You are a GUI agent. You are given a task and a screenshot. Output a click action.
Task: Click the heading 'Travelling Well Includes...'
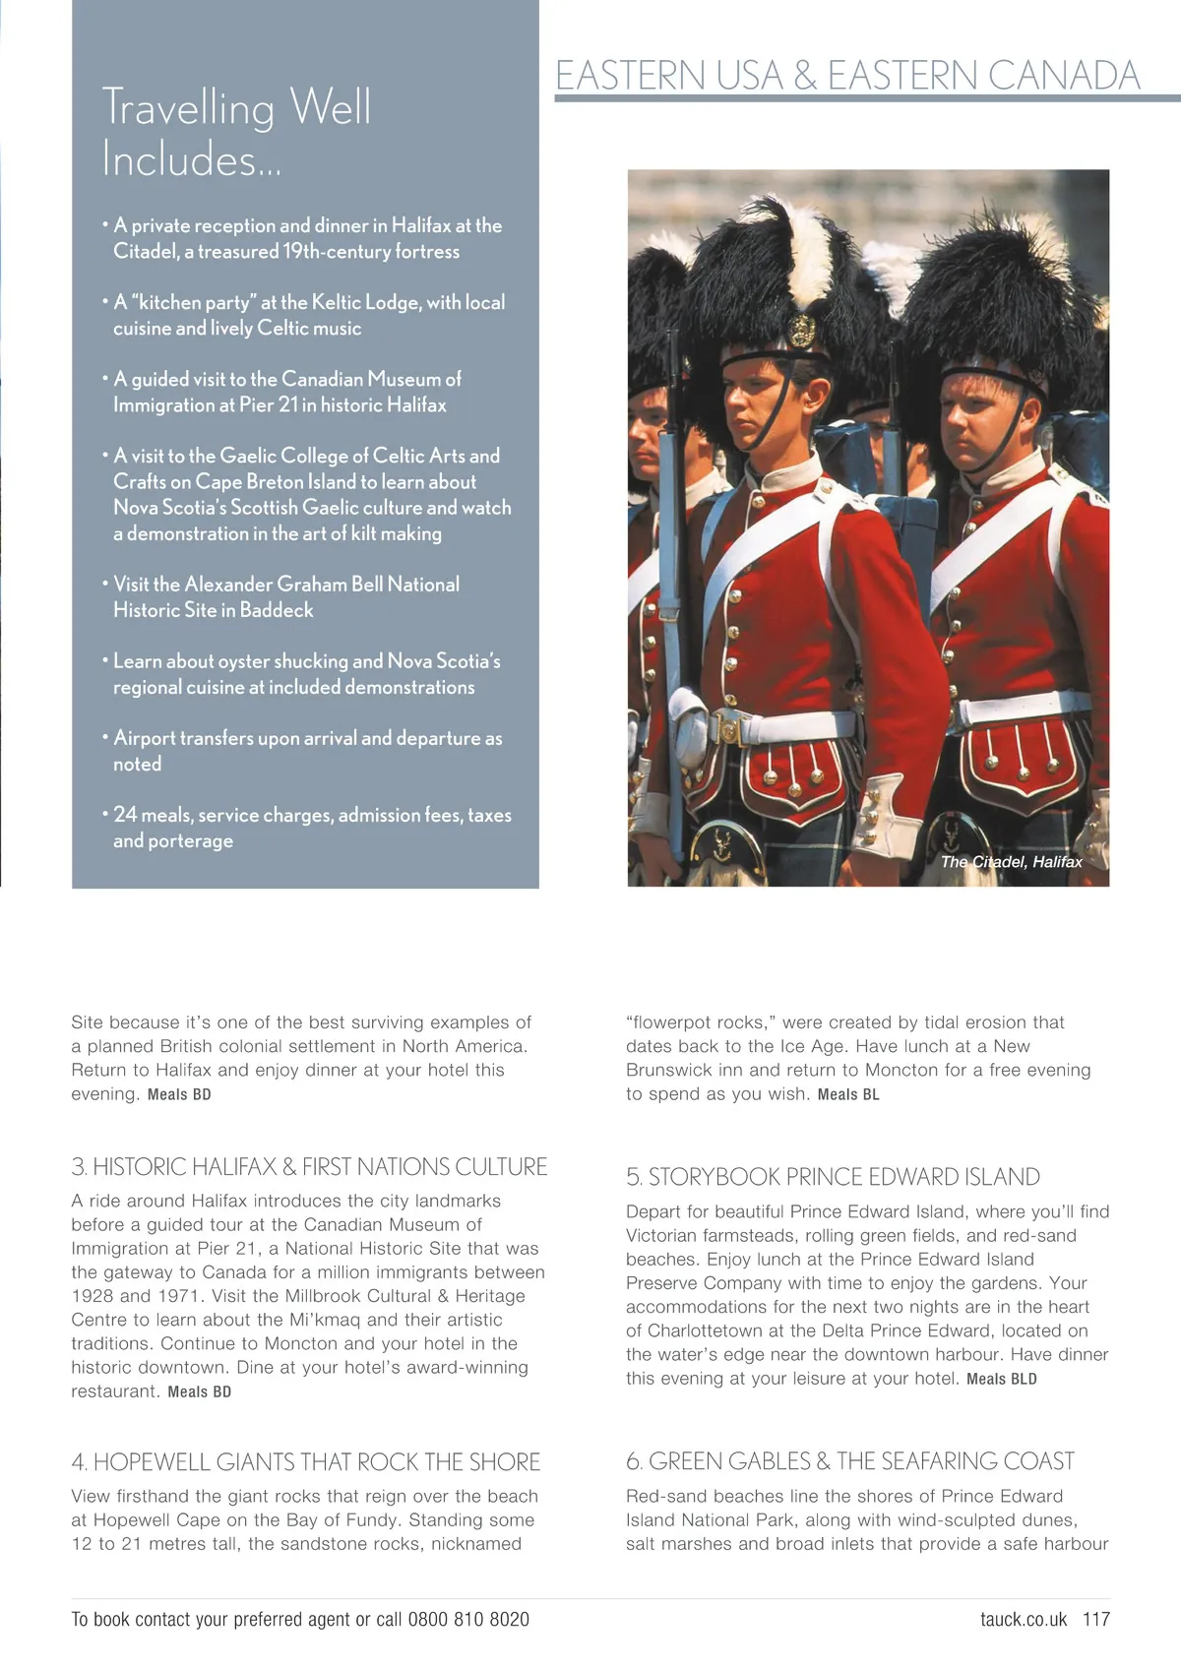(x=236, y=133)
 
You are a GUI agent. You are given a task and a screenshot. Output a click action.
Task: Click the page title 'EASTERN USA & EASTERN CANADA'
(x=847, y=76)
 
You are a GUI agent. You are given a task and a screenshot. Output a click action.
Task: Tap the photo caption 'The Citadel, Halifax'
(x=1011, y=862)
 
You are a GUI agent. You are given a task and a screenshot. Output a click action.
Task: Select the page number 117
(x=1096, y=1619)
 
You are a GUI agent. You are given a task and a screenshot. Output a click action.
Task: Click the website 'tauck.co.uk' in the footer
(x=1024, y=1619)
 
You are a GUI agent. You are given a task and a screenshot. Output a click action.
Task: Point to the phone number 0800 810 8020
(x=468, y=1619)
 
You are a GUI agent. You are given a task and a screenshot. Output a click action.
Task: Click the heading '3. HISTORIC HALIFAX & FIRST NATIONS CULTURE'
(x=309, y=1167)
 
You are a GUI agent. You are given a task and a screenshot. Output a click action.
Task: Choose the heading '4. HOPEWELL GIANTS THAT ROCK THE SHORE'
(x=306, y=1462)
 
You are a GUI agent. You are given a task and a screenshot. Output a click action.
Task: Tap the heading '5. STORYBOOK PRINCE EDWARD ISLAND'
(x=833, y=1177)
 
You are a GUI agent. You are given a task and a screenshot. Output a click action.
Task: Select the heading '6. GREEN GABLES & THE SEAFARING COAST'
(x=850, y=1461)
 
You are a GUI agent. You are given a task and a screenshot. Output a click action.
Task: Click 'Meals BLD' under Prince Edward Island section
(x=1002, y=1380)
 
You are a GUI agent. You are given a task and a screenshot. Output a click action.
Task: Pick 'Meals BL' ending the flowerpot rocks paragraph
(x=848, y=1095)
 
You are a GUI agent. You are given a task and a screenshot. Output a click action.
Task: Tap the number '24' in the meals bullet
(x=125, y=815)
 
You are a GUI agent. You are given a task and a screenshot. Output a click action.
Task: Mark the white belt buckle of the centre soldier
(x=730, y=729)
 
